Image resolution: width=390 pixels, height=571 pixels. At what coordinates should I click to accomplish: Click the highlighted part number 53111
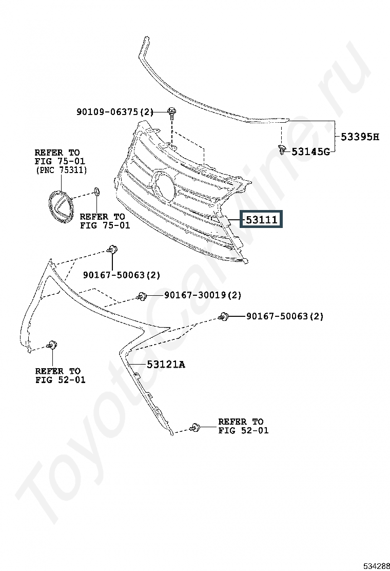[261, 219]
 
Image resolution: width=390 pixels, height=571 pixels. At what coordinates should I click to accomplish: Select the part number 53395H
[360, 137]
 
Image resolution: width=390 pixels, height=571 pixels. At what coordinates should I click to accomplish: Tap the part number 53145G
[310, 151]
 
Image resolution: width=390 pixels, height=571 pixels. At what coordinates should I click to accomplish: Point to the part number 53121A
[166, 364]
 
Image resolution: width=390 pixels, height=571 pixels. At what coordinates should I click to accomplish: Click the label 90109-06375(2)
[115, 111]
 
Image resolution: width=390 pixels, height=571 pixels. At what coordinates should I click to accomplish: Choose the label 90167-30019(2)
[203, 295]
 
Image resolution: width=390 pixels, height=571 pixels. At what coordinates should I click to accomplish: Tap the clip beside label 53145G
[282, 149]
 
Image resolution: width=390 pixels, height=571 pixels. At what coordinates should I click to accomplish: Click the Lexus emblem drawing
[61, 206]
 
